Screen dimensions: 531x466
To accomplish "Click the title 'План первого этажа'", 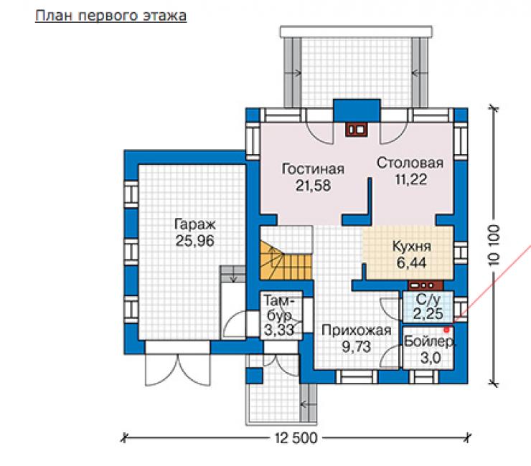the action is tap(111, 16).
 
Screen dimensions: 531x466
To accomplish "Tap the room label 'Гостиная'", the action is tap(313, 168).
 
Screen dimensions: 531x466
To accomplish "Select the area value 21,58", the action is tap(313, 186).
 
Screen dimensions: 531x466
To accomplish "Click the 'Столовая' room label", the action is tap(410, 163).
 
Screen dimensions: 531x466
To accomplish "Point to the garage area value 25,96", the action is tap(195, 241).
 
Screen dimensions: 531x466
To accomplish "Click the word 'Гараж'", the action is tap(195, 224).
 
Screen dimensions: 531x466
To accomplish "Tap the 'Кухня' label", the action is tap(412, 246).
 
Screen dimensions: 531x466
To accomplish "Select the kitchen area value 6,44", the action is tap(411, 262).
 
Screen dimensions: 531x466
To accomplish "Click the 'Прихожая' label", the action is tap(356, 331).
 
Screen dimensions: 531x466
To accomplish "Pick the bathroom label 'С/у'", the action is tap(428, 299).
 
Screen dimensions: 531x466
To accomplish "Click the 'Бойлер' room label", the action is tap(429, 341).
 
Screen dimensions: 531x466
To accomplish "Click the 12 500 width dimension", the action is tap(296, 438).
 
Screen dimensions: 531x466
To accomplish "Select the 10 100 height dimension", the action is tap(495, 245).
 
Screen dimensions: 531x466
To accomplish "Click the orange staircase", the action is tap(286, 260).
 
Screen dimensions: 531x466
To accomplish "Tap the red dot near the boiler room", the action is tap(447, 329).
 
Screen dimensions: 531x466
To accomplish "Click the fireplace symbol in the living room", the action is tap(356, 130).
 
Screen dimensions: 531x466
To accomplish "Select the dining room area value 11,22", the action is tap(411, 179).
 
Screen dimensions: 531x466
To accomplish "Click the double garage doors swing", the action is tap(177, 369).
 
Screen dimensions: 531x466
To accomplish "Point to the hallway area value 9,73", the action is tap(356, 347).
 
